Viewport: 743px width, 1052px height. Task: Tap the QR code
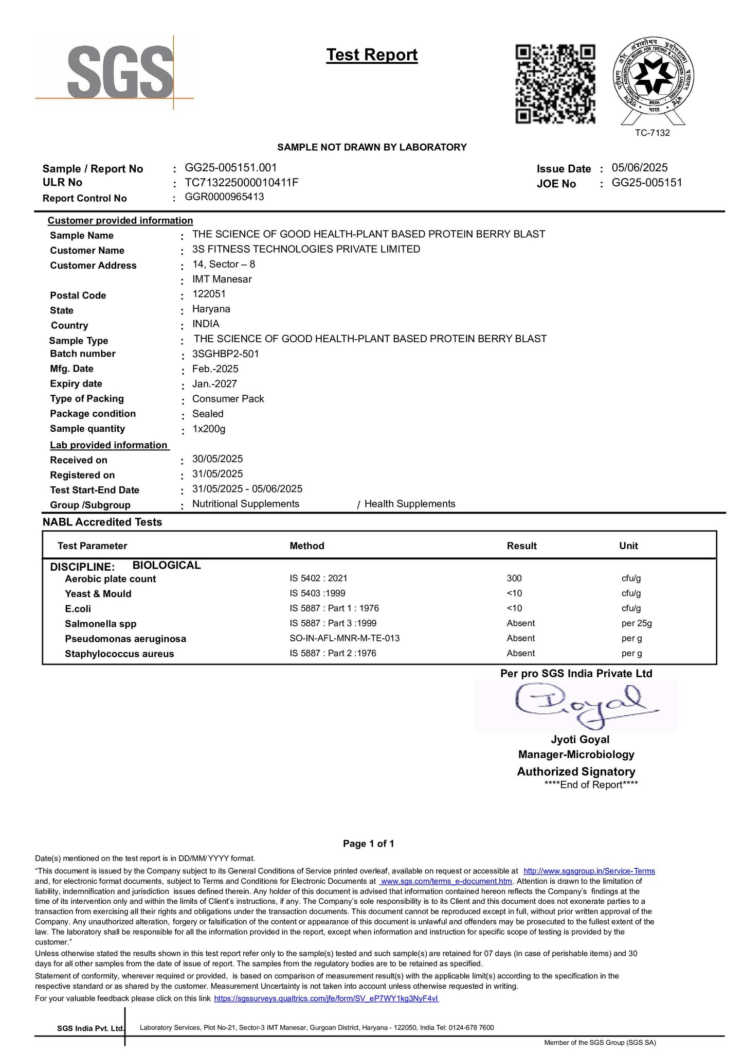tap(555, 84)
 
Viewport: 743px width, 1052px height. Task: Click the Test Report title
tap(372, 55)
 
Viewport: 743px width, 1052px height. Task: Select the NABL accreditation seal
tap(653, 80)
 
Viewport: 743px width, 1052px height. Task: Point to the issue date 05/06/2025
tap(639, 168)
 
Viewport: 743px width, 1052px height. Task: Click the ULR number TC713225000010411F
tap(241, 183)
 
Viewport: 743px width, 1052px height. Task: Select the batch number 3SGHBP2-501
tap(225, 354)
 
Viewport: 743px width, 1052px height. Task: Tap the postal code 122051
tap(209, 294)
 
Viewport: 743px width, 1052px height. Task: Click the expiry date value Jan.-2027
tap(214, 384)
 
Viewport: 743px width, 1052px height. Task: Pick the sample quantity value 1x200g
tap(208, 429)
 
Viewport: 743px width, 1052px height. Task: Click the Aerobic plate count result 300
tap(514, 578)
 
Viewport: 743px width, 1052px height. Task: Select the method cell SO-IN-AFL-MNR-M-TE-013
tap(345, 638)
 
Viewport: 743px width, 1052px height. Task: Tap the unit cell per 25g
tap(636, 623)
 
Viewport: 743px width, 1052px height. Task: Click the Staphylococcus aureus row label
tap(119, 654)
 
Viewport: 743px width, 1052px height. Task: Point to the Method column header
tap(306, 546)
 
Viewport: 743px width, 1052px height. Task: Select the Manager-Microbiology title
tap(576, 755)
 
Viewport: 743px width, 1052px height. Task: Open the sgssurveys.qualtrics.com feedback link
tap(326, 998)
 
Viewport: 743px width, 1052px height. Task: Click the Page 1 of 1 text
tap(368, 844)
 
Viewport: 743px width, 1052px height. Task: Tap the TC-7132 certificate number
tap(652, 133)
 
